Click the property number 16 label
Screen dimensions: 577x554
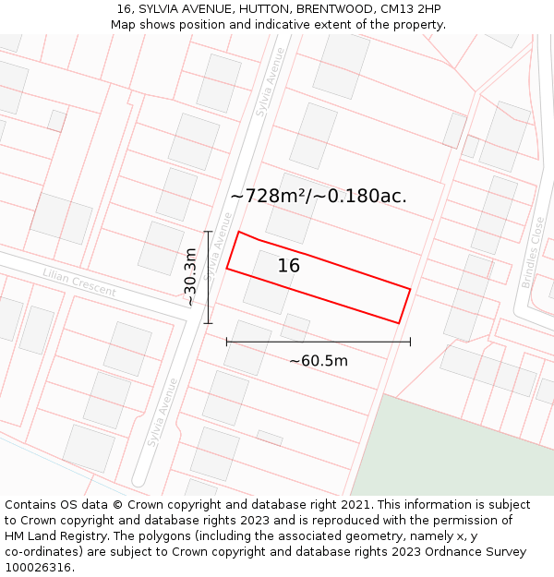(289, 266)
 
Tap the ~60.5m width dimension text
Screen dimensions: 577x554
(319, 361)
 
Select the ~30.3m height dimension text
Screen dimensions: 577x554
(189, 277)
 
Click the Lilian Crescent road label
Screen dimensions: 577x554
(79, 282)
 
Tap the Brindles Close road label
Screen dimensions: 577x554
(534, 252)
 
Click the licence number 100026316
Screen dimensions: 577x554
(39, 568)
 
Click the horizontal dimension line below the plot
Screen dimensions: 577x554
(319, 342)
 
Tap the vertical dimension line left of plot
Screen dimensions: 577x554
(209, 277)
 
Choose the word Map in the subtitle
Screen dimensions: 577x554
(123, 24)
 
